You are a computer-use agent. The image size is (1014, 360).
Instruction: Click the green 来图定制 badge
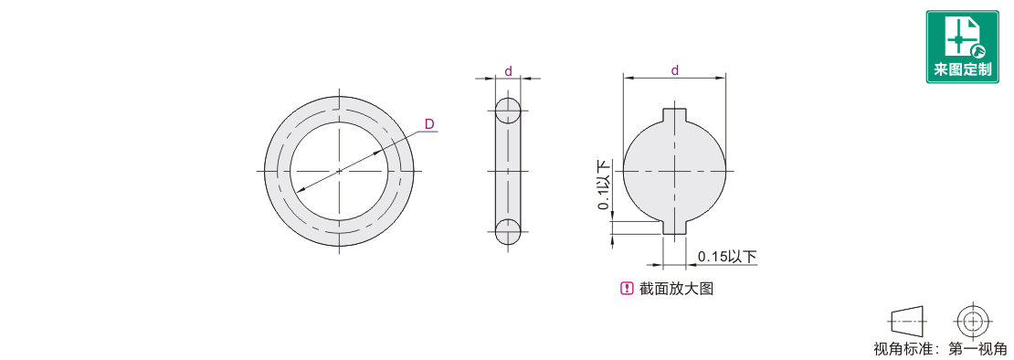point(963,47)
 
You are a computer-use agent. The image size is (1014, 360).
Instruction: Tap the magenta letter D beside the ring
point(428,123)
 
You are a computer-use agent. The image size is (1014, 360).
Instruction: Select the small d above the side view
point(508,72)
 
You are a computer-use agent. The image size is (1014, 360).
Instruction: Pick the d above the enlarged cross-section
point(674,70)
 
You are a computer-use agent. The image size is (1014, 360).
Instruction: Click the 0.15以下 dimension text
point(726,258)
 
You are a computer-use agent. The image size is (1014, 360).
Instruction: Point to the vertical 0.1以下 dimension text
point(604,185)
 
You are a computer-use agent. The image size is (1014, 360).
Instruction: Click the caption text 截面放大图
point(676,289)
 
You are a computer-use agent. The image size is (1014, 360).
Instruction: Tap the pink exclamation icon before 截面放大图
point(627,289)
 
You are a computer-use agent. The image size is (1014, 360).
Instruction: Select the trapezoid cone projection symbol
point(908,320)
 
